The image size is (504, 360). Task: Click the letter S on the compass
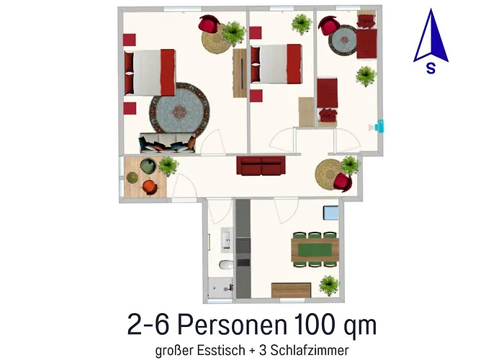tap(430, 69)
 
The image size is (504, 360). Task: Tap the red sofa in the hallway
tap(261, 166)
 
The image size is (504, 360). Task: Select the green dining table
tap(316, 249)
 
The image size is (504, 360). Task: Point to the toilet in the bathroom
tap(224, 265)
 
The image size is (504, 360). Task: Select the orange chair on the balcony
tap(149, 186)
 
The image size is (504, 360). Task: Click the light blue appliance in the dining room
tap(331, 213)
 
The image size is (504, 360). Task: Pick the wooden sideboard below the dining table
tap(291, 289)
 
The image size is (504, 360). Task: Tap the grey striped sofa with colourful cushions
tap(168, 143)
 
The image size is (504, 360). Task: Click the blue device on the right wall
tap(381, 127)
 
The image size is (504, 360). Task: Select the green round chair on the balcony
tap(147, 166)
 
